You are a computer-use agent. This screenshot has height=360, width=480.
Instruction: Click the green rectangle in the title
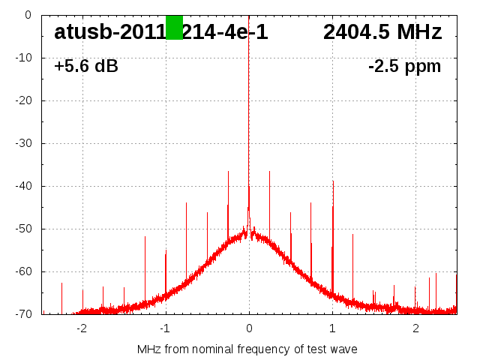[174, 27]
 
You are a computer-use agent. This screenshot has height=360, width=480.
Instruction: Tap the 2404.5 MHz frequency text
[382, 32]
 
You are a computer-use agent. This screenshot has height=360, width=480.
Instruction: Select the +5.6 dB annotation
[86, 67]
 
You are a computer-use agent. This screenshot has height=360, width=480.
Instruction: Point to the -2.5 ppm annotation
[404, 67]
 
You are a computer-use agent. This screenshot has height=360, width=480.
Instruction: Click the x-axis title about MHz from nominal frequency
[247, 349]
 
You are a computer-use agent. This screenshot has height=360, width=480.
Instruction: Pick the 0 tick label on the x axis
[249, 328]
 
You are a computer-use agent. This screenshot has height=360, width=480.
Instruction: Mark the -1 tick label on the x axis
[164, 328]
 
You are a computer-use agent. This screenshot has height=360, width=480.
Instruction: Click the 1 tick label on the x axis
[332, 328]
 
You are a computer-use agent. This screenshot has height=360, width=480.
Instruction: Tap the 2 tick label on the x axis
[415, 328]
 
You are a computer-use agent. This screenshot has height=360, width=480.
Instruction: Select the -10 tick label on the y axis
[22, 58]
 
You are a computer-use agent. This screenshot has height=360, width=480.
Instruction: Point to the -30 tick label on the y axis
[22, 143]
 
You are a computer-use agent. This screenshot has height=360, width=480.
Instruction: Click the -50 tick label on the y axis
[22, 229]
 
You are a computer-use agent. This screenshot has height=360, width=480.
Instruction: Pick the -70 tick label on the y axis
[22, 314]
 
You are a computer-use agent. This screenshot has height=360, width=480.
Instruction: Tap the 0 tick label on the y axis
[27, 15]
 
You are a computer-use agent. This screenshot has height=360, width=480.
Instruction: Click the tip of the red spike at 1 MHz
[333, 181]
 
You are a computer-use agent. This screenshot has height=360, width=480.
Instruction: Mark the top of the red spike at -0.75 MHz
[186, 202]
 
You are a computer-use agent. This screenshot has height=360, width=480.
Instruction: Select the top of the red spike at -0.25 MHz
[228, 171]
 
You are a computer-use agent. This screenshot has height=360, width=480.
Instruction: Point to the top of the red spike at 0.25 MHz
[269, 171]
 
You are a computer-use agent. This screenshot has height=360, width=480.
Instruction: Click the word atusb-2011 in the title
[109, 32]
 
